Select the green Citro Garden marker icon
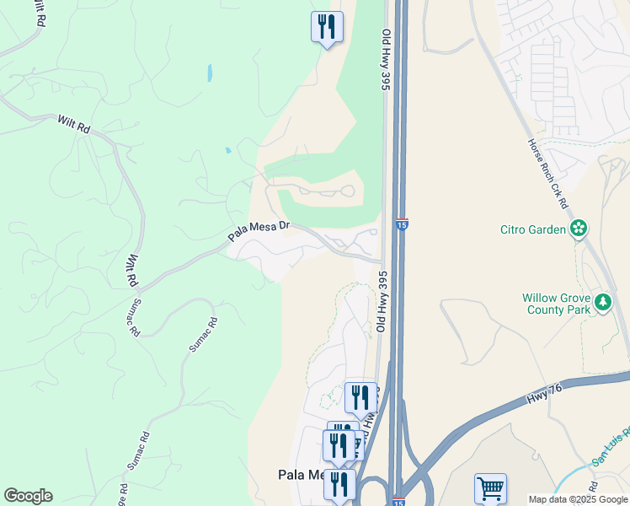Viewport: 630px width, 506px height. [579, 228]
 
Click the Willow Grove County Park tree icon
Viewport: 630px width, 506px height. [602, 303]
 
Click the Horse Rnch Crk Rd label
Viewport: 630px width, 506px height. [548, 175]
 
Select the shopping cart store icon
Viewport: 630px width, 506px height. [490, 488]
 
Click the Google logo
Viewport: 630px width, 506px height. [28, 496]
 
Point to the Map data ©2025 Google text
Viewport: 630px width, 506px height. [578, 499]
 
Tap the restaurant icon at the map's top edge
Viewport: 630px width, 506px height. [327, 26]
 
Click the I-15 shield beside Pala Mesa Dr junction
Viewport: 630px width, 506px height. [402, 224]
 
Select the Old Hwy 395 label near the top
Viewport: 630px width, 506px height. [387, 59]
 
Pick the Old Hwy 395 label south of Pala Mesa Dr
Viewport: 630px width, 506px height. [382, 301]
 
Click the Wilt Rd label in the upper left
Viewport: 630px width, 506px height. [73, 124]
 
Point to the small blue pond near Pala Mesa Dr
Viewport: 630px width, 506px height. [227, 151]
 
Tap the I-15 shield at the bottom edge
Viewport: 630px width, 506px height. [398, 501]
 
